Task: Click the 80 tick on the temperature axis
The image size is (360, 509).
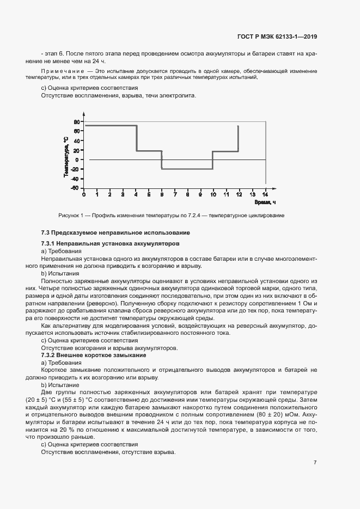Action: click(x=77, y=121)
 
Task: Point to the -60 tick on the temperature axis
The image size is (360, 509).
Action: click(x=76, y=188)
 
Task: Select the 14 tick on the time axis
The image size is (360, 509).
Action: click(x=265, y=194)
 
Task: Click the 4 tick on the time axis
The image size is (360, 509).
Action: click(x=136, y=194)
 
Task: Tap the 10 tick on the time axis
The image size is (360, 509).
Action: click(x=213, y=194)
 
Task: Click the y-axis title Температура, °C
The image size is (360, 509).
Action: click(x=65, y=156)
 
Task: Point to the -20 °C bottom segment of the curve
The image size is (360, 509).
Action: click(x=187, y=169)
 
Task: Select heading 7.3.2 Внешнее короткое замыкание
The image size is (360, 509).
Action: click(x=94, y=355)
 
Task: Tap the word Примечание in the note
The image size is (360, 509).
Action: click(x=60, y=71)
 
